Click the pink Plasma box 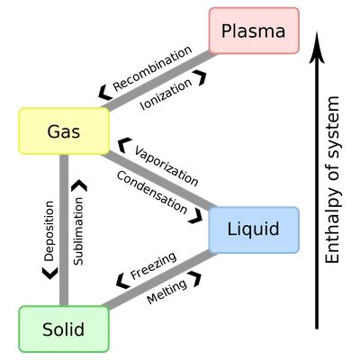click(x=254, y=31)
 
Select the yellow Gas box click(x=64, y=131)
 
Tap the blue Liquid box click(x=253, y=229)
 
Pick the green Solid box click(x=63, y=329)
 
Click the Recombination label click(x=153, y=68)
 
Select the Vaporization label click(x=166, y=162)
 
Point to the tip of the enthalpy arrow click(x=316, y=38)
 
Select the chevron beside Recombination click(x=105, y=87)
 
